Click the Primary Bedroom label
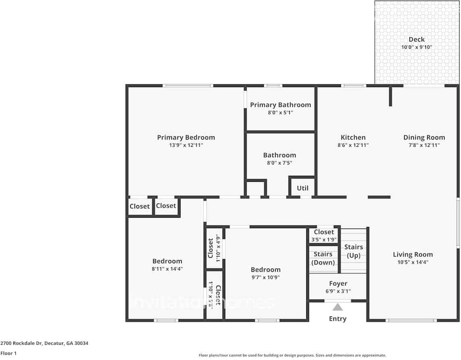pyautogui.click(x=186, y=137)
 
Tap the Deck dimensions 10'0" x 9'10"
pyautogui.click(x=416, y=47)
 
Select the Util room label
pyautogui.click(x=302, y=188)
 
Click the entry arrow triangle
pyautogui.click(x=337, y=308)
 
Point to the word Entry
pyautogui.click(x=337, y=319)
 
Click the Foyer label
pyautogui.click(x=338, y=283)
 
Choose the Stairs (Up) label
pyautogui.click(x=354, y=251)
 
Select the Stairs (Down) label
pyautogui.click(x=324, y=258)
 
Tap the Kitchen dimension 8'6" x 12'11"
pyautogui.click(x=353, y=145)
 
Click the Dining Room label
pyautogui.click(x=424, y=137)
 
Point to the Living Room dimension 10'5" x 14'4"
pyautogui.click(x=413, y=262)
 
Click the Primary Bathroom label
pyautogui.click(x=280, y=105)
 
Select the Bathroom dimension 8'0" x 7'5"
pyautogui.click(x=280, y=163)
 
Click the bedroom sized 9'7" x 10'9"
pyautogui.click(x=265, y=270)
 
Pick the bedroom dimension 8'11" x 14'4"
pyautogui.click(x=167, y=268)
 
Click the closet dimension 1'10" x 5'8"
pyautogui.click(x=210, y=295)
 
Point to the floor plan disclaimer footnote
pyautogui.click(x=292, y=355)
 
